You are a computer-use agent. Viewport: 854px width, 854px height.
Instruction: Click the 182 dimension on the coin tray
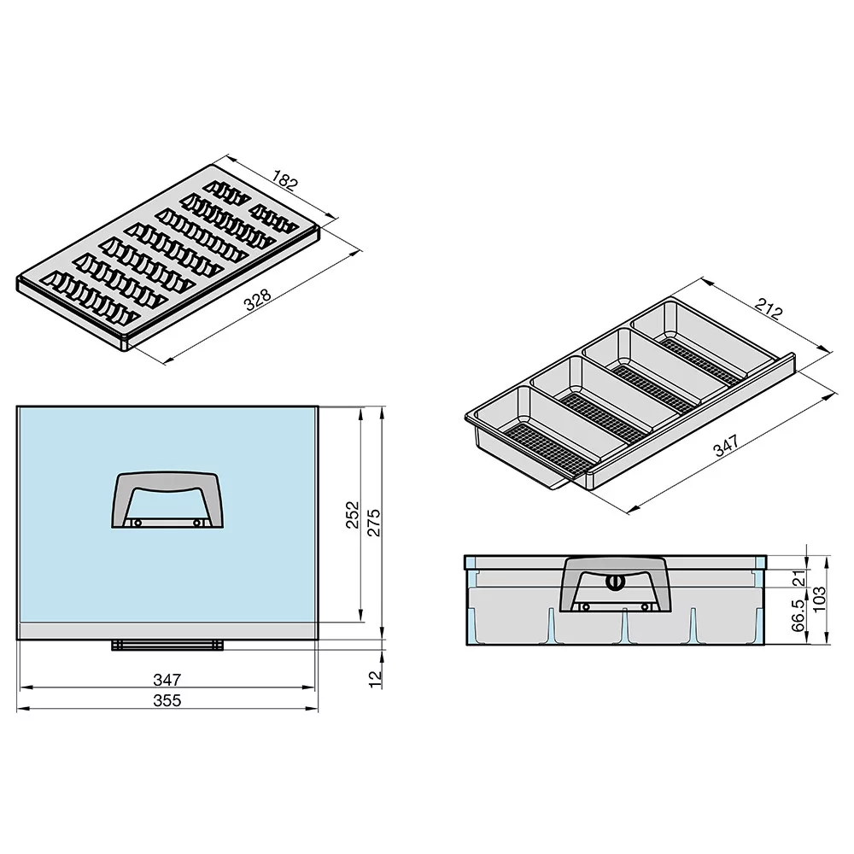coord(285,179)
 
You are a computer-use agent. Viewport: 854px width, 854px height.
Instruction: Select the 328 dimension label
coord(258,300)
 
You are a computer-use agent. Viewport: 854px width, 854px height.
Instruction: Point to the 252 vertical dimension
coord(353,514)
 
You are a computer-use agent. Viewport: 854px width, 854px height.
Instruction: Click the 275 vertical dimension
coord(374,523)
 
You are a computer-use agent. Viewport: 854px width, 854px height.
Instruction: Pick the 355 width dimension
coord(167,700)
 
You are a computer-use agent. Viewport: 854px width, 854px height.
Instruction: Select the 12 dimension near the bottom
coord(375,679)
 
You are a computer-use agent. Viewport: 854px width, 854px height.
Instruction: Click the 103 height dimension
coord(819,600)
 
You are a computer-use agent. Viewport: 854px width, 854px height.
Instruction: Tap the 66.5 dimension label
coord(798,616)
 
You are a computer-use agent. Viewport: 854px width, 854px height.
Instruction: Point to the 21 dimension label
coord(798,578)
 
